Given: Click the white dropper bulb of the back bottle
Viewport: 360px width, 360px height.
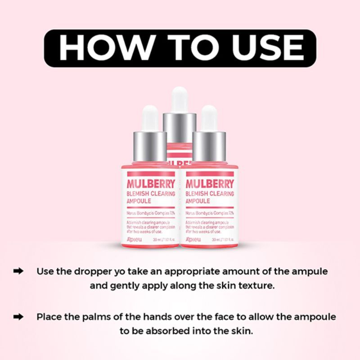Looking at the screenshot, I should coord(180,99).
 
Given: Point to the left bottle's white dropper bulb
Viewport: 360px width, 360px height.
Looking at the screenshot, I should coord(150,118).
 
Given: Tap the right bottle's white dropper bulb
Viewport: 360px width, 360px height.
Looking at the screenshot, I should coord(209,118).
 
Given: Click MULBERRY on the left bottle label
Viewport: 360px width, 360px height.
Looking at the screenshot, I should coord(151,184).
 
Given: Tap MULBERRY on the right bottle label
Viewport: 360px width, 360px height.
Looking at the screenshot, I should coord(210,184).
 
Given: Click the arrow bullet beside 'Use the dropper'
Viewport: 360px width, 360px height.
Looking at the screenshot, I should coord(19,271).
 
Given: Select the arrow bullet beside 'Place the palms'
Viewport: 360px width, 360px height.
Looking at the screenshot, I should coord(19,316).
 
